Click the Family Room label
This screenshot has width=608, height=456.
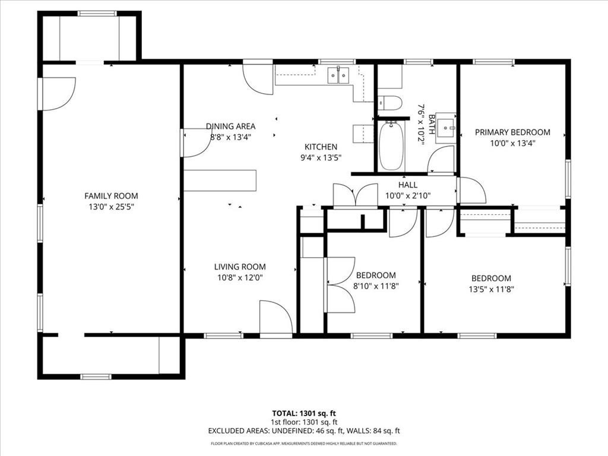[x=111, y=196]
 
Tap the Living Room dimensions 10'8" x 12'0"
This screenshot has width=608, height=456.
[x=240, y=278]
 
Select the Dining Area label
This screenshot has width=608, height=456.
[x=230, y=126]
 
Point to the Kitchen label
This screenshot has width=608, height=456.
[x=321, y=147]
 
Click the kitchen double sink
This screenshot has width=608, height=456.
[x=338, y=75]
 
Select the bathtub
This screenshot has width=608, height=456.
[x=391, y=146]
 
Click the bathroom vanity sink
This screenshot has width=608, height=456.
[x=446, y=126]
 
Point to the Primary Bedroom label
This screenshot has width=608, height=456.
[x=512, y=132]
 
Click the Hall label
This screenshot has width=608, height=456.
[x=408, y=185]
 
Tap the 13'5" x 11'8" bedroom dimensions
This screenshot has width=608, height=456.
[x=491, y=289]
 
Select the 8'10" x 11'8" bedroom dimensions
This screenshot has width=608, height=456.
[x=376, y=286]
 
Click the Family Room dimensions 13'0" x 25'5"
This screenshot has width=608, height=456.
[x=111, y=207]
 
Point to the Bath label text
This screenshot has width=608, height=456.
[x=432, y=124]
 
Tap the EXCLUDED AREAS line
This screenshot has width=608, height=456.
[x=304, y=430]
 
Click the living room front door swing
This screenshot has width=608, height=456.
[x=276, y=317]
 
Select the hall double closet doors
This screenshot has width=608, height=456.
[x=356, y=195]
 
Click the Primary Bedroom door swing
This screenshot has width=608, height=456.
[x=471, y=190]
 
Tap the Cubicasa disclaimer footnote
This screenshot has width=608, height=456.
[x=304, y=443]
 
